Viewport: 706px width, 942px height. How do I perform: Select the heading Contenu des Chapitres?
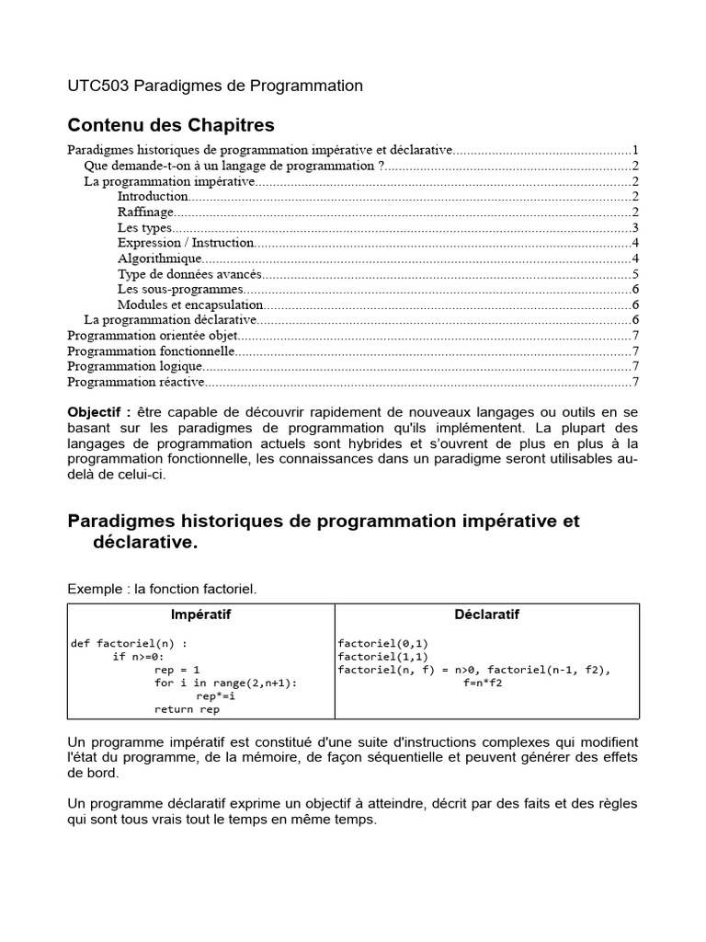tap(171, 124)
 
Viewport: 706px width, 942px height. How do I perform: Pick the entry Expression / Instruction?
tap(185, 243)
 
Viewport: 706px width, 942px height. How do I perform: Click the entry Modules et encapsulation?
tap(190, 304)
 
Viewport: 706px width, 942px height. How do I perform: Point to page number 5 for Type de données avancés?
tap(635, 274)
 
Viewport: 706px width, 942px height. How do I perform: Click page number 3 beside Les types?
tap(635, 227)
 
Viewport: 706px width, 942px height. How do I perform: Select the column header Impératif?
tap(201, 615)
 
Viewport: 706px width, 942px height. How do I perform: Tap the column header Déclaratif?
tap(486, 615)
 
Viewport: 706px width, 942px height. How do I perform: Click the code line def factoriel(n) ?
tap(132, 643)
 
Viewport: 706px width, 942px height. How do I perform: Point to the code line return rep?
tap(187, 709)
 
